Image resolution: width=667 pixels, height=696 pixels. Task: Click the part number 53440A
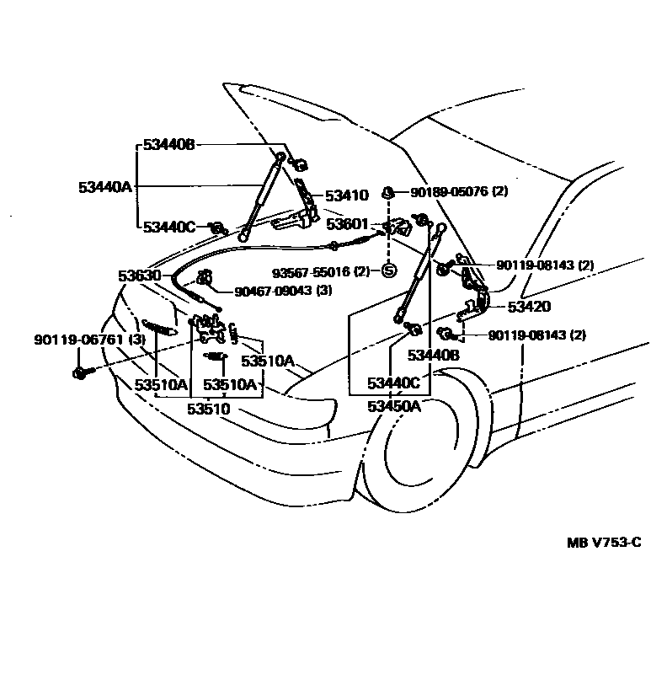[x=105, y=187]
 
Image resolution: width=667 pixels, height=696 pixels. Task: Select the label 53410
[x=346, y=195]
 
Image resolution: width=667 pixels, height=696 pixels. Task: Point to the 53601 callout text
[x=347, y=224]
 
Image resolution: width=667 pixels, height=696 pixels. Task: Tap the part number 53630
[x=139, y=276]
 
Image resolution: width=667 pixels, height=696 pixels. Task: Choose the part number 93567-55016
[x=308, y=271]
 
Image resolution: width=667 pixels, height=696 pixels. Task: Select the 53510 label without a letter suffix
[x=208, y=410]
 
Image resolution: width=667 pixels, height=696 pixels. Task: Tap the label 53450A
[x=393, y=407]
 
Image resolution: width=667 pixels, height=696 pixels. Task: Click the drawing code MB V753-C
[x=603, y=542]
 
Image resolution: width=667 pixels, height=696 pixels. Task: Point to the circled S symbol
[x=389, y=271]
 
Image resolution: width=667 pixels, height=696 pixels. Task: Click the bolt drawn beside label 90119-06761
[x=80, y=372]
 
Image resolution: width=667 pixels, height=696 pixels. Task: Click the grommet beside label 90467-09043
[x=203, y=279]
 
